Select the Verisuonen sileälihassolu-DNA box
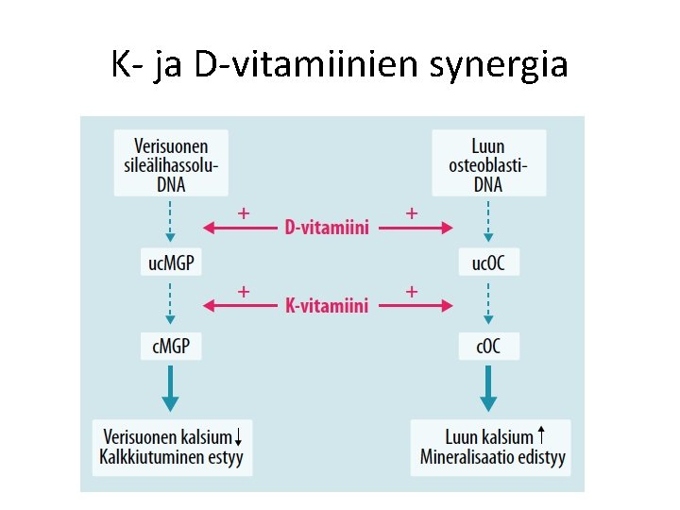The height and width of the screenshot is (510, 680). click(171, 163)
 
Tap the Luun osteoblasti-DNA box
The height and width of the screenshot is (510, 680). click(488, 163)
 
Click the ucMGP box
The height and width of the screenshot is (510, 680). click(171, 263)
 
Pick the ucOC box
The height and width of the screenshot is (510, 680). click(488, 263)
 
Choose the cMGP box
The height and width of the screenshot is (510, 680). click(171, 347)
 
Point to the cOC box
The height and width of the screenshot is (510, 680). click(488, 347)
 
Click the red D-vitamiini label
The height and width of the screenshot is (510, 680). click(326, 228)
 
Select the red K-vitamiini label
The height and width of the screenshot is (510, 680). click(326, 306)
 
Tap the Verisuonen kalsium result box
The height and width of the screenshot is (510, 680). click(172, 447)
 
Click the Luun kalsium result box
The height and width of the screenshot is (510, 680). click(490, 447)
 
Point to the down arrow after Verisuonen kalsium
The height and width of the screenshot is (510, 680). click(240, 436)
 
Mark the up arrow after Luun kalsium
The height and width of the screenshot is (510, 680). click(540, 435)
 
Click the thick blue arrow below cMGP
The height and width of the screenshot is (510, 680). click(171, 390)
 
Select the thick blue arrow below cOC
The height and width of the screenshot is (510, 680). click(488, 390)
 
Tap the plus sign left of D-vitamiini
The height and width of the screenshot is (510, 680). click(244, 213)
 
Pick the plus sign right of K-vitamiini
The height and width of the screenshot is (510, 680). click(412, 292)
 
